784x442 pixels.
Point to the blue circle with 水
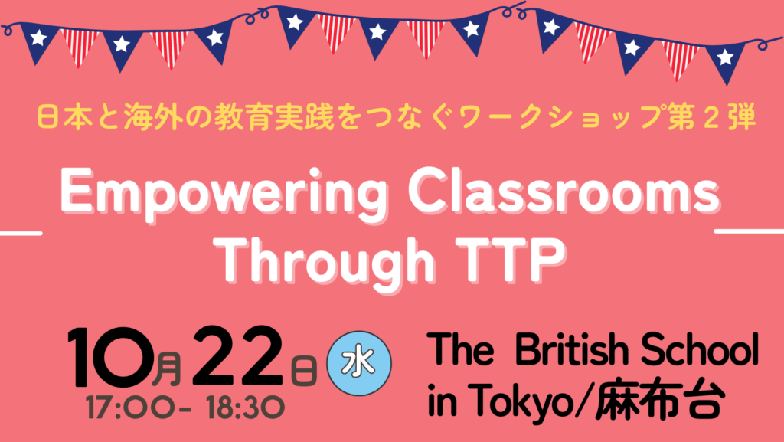point(359,364)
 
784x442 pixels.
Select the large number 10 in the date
point(112,357)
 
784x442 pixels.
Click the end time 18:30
point(246,408)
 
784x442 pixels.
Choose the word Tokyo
point(520,401)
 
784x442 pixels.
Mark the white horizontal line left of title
point(21,233)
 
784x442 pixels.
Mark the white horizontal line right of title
point(749,231)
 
